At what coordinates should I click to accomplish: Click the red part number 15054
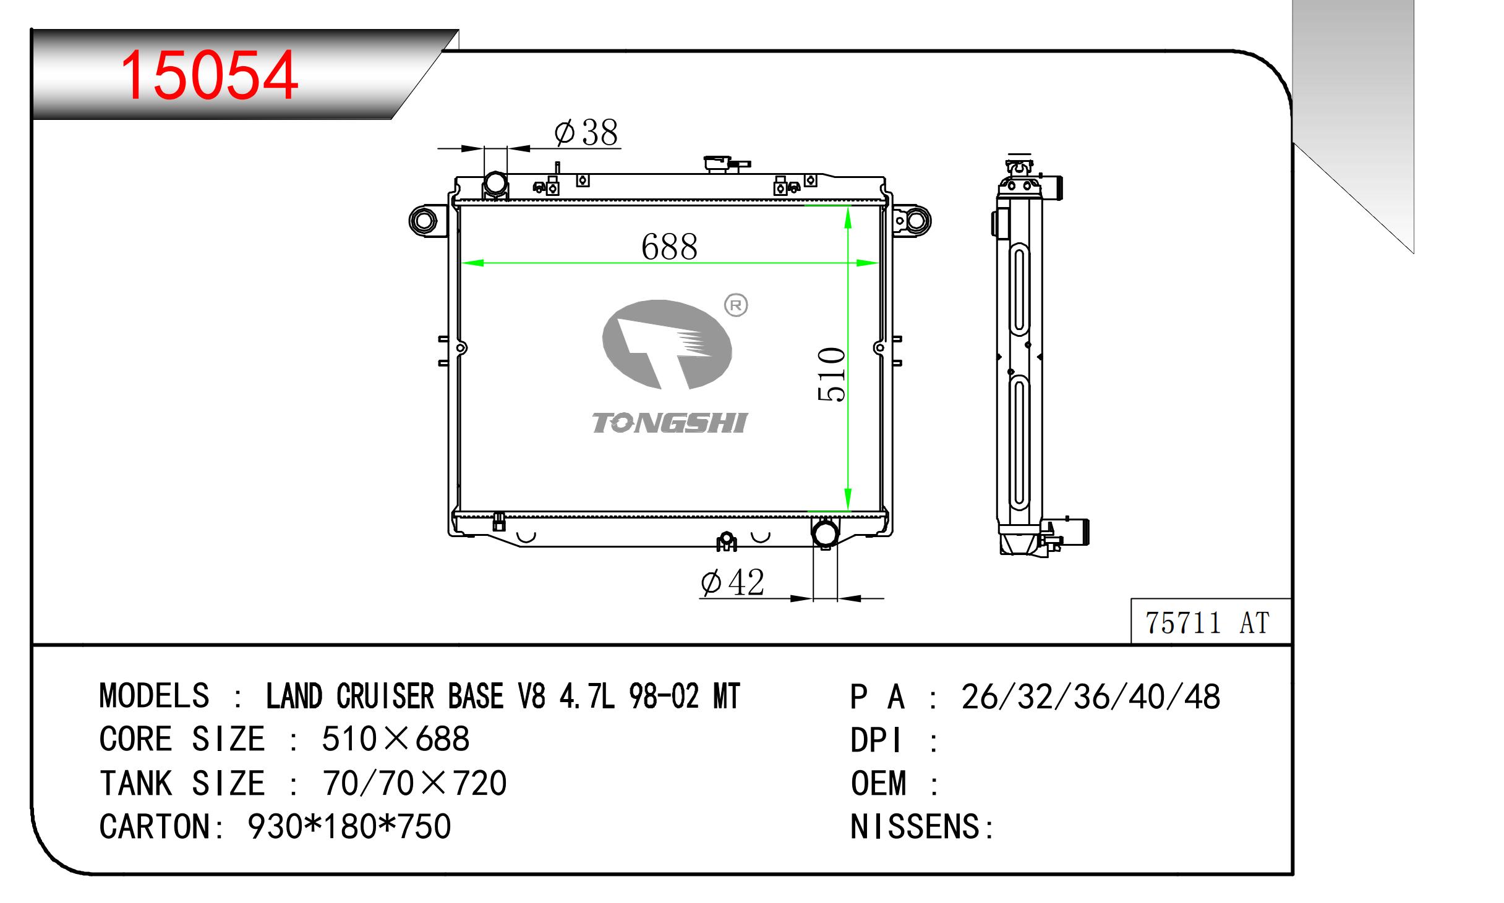click(x=209, y=75)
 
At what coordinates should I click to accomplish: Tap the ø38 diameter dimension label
click(x=586, y=132)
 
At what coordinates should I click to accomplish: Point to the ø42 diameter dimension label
click(x=733, y=582)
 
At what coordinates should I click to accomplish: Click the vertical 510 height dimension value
click(x=831, y=375)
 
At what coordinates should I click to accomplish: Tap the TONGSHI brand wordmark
click(x=670, y=423)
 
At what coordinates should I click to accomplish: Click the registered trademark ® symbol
click(x=736, y=305)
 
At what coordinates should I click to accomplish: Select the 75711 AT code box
click(x=1210, y=621)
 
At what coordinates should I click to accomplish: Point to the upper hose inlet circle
click(x=495, y=184)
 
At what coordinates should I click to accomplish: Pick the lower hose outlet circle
click(x=825, y=533)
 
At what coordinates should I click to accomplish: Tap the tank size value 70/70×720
click(x=414, y=783)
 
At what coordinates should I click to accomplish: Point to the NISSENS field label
click(x=922, y=826)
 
